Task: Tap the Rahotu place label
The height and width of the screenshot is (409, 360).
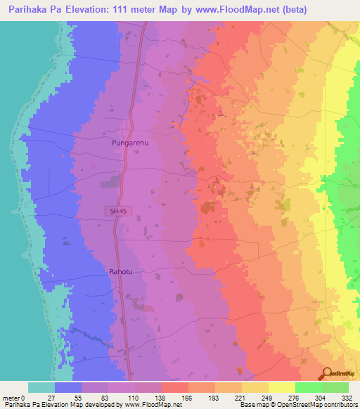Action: [120, 270]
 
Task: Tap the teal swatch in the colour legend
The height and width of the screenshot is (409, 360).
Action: [41, 387]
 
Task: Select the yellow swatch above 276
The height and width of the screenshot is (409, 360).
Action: [282, 387]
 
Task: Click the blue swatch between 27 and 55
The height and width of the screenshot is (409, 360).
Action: [68, 387]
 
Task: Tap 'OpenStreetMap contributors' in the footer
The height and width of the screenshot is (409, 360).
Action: [320, 405]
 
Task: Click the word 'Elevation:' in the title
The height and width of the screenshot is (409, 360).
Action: [90, 8]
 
